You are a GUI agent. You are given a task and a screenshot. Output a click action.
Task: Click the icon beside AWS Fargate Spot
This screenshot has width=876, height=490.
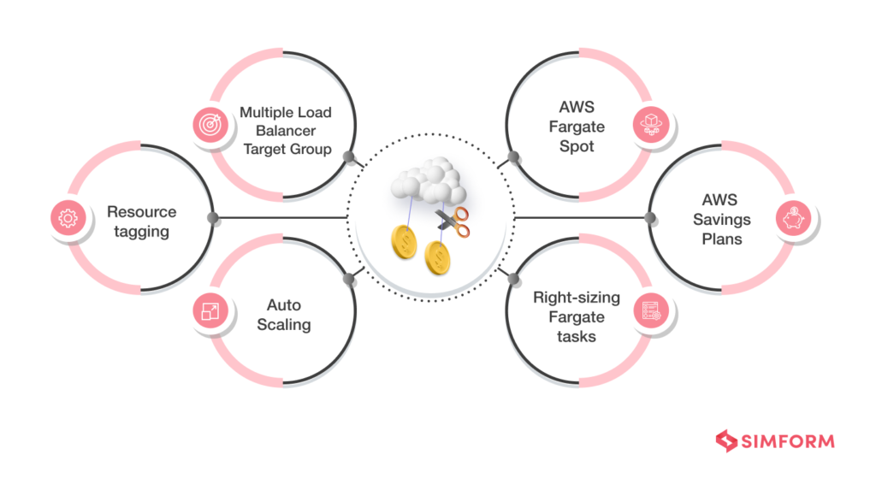(x=649, y=125)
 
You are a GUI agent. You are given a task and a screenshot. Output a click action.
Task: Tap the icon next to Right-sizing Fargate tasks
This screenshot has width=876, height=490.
(x=649, y=312)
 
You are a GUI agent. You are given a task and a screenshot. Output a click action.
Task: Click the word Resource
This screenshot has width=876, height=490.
(x=141, y=211)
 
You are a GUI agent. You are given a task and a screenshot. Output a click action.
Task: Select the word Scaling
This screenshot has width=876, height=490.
(x=283, y=324)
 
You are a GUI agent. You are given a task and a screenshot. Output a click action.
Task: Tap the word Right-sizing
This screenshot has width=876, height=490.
(x=575, y=298)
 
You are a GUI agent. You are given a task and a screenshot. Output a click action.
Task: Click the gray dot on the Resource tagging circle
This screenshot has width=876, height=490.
(x=214, y=219)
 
